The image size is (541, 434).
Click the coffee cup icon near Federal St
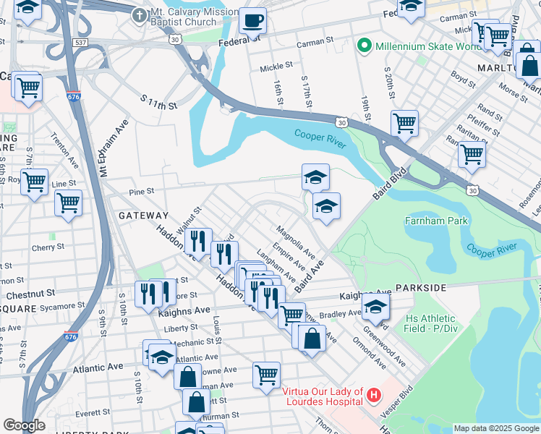pyautogui.click(x=252, y=20)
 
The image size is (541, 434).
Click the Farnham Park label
pyautogui.click(x=436, y=221)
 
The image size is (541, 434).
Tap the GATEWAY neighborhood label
pyautogui.click(x=143, y=216)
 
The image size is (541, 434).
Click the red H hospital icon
pyautogui.click(x=373, y=395)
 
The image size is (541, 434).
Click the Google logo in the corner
pyautogui.click(x=24, y=425)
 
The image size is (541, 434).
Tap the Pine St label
pyautogui.click(x=141, y=192)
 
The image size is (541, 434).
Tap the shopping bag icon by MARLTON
pyautogui.click(x=529, y=64)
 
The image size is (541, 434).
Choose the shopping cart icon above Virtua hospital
pyautogui.click(x=266, y=375)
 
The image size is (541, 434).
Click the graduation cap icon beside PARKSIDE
pyautogui.click(x=375, y=307)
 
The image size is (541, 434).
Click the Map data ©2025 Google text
pyautogui.click(x=496, y=428)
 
